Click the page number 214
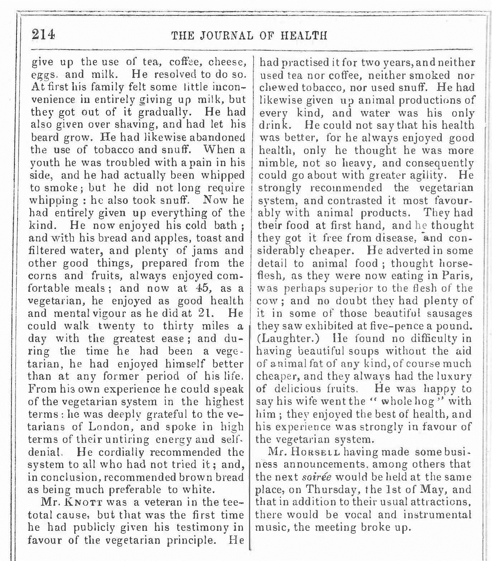[43, 35]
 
